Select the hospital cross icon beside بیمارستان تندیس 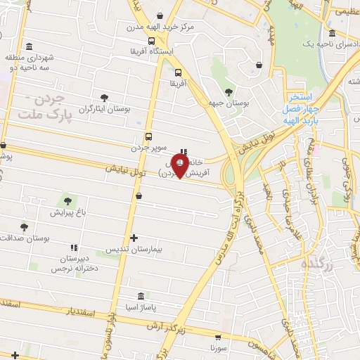[x=134, y=238]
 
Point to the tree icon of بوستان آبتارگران [x=105, y=98]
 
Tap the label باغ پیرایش [x=67, y=212]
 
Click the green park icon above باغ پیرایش [x=69, y=200]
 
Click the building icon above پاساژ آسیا [x=142, y=296]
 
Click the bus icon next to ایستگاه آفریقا [x=151, y=41]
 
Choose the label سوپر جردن [x=148, y=148]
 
